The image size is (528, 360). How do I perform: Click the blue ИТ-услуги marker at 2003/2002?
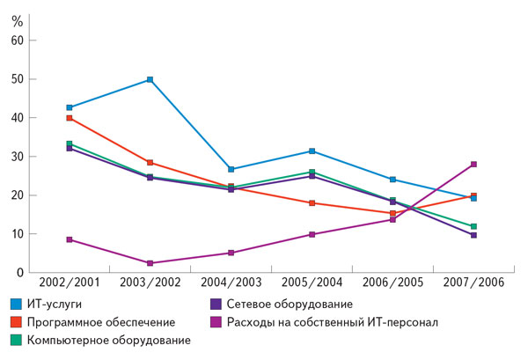pos(150,79)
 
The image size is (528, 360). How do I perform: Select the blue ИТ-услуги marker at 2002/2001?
pos(70,107)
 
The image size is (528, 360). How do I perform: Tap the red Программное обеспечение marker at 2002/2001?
pos(70,118)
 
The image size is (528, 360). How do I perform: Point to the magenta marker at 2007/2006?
pos(473,164)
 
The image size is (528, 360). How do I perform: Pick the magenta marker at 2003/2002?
pos(150,263)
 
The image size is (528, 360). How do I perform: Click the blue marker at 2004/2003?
pos(231,169)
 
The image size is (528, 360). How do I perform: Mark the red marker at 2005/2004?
pos(312,203)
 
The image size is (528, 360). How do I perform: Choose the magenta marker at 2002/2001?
pos(70,239)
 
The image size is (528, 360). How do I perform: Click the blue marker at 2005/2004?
pos(312,151)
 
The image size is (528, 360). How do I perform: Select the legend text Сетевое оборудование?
pos(303,305)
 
